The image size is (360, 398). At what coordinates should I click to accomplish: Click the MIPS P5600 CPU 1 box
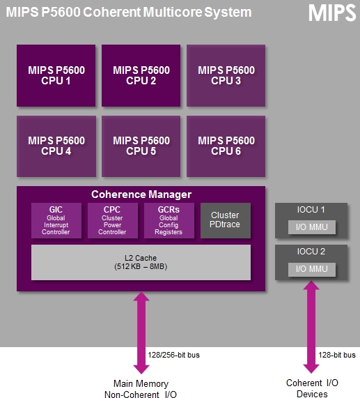point(56,76)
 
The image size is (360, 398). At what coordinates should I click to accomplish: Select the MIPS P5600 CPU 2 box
point(141,76)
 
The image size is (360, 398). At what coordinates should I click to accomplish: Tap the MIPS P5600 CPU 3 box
point(226,76)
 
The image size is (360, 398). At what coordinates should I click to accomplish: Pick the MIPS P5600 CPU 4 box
point(56,146)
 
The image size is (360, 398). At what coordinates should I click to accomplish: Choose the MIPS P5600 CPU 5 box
point(141,146)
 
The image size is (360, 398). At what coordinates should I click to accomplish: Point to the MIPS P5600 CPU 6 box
point(226,146)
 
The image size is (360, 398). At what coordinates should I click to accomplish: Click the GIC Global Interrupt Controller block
point(56,220)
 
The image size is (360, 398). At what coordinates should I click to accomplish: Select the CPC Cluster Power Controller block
point(113,220)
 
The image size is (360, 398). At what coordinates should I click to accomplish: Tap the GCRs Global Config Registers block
point(169,220)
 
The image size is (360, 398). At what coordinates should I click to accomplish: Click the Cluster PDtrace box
point(226,220)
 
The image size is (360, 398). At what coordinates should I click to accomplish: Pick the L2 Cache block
point(141,263)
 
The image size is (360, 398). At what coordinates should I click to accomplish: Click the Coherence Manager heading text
point(141,194)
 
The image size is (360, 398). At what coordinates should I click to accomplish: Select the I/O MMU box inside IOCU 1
point(312,227)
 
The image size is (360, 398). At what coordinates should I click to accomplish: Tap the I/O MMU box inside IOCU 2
point(312,269)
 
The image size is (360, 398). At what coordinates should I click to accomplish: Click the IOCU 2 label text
point(311,252)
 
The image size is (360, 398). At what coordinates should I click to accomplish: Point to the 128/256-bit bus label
point(173,355)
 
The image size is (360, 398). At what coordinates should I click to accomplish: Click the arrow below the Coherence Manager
point(141,332)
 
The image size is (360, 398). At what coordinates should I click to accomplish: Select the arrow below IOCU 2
point(311,327)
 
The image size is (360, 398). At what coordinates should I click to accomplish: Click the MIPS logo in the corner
point(332,13)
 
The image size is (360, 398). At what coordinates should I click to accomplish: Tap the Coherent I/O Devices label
point(312,388)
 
